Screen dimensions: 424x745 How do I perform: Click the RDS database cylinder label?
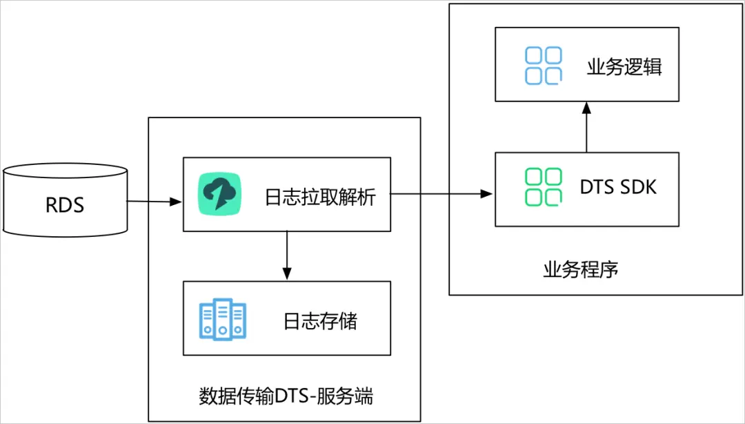(65, 205)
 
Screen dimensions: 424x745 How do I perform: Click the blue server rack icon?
(222, 320)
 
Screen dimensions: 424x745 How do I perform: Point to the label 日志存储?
(321, 321)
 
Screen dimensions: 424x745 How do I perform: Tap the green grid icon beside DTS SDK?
(544, 186)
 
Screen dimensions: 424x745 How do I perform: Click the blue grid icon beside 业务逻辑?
(544, 66)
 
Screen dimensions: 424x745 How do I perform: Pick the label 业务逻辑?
(624, 67)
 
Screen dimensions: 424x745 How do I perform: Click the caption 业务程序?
(580, 269)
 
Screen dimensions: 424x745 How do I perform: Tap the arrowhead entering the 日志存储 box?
(287, 276)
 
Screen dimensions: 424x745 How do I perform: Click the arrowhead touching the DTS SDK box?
(488, 194)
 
